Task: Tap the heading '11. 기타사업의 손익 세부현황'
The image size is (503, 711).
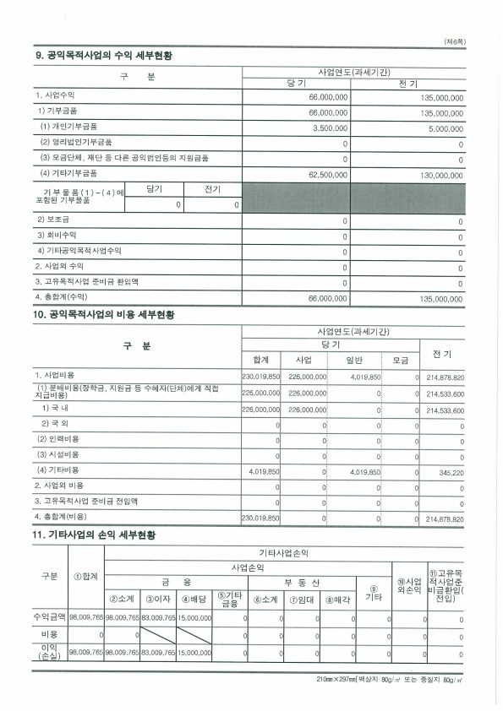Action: (x=94, y=535)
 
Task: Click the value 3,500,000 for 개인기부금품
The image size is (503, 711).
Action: (x=331, y=128)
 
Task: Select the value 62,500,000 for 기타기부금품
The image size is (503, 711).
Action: (x=327, y=175)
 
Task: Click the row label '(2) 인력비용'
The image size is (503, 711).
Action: (x=59, y=439)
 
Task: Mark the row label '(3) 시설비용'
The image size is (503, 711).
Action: (x=59, y=454)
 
